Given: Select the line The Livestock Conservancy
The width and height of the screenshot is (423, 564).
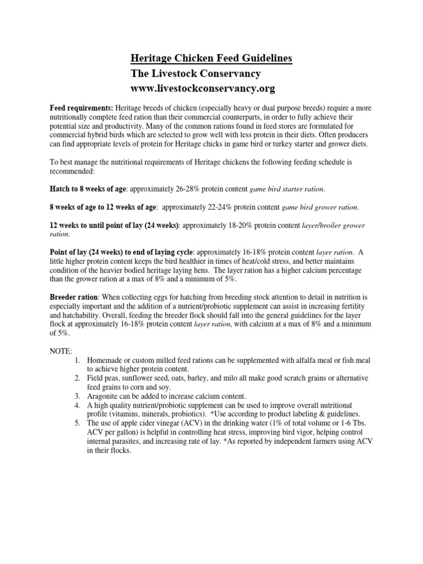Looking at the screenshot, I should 196,73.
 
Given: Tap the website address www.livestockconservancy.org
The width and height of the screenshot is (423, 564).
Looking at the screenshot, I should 202,89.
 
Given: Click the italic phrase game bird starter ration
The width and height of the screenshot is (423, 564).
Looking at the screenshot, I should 287,189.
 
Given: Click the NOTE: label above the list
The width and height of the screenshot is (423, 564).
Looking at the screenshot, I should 61,350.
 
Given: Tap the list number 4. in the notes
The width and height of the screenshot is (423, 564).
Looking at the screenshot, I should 77,405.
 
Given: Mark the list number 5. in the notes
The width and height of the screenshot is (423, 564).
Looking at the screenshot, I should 77,423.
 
